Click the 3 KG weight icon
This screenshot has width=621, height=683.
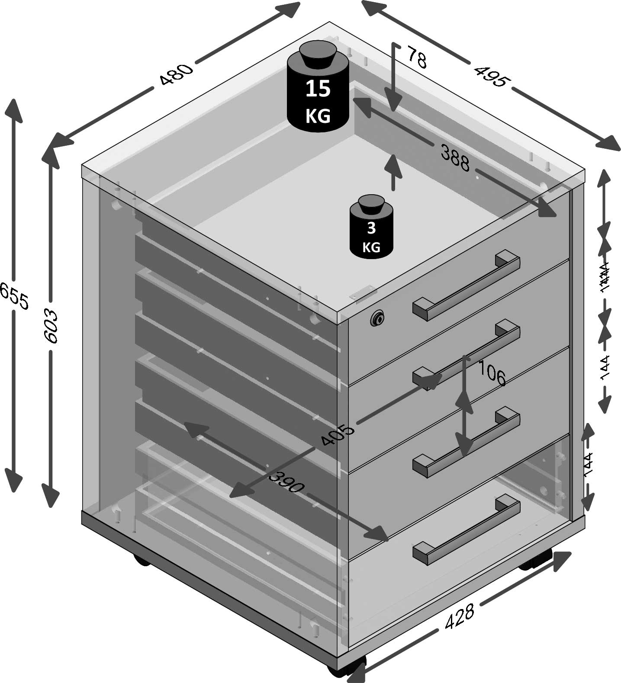[x=371, y=229]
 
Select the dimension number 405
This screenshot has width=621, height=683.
[x=338, y=434]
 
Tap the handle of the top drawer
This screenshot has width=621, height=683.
[x=467, y=285]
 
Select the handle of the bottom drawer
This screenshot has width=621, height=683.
[x=467, y=530]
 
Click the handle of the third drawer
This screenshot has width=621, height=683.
[x=467, y=442]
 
